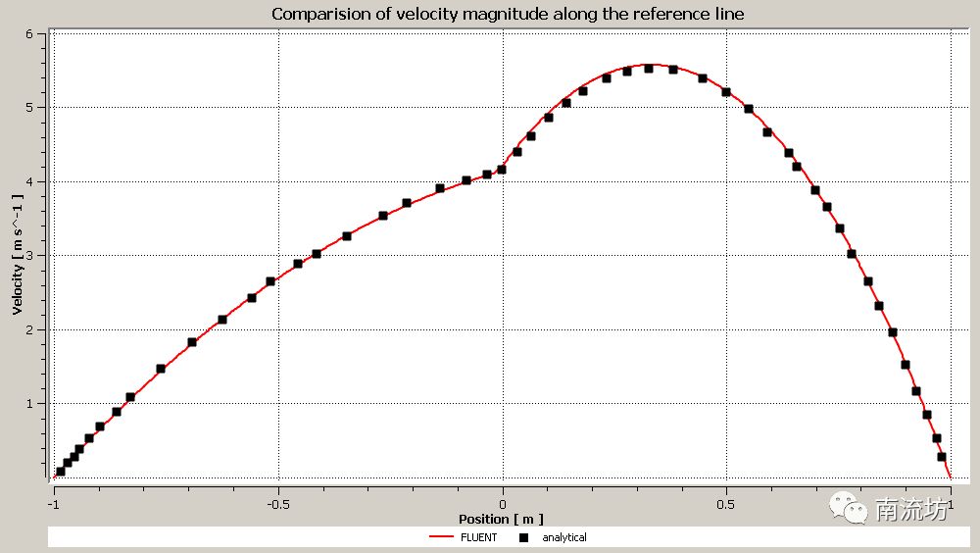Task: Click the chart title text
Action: pyautogui.click(x=508, y=14)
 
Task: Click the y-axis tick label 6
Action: pyautogui.click(x=29, y=33)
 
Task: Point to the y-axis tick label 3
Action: pyautogui.click(x=29, y=255)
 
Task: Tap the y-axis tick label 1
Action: pyautogui.click(x=29, y=403)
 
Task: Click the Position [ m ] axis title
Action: pyautogui.click(x=501, y=519)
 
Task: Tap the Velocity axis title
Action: pyautogui.click(x=18, y=254)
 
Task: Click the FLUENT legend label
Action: pyautogui.click(x=479, y=537)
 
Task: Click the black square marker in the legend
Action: pyautogui.click(x=524, y=537)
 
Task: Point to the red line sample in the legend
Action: pyautogui.click(x=442, y=537)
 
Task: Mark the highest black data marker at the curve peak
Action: pyautogui.click(x=649, y=69)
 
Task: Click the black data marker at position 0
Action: pyautogui.click(x=502, y=170)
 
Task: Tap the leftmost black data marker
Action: pyautogui.click(x=61, y=472)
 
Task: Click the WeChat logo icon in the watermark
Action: pyautogui.click(x=849, y=508)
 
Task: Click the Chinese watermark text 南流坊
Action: pyautogui.click(x=911, y=509)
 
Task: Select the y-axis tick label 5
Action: pyautogui.click(x=29, y=107)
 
